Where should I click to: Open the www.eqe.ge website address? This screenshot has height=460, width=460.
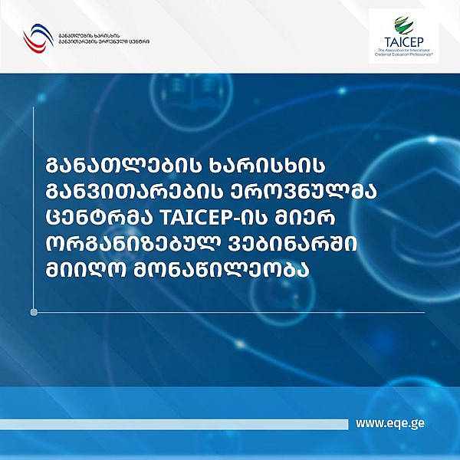(x=391, y=422)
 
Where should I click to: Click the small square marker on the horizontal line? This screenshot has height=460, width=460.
(x=33, y=312)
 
